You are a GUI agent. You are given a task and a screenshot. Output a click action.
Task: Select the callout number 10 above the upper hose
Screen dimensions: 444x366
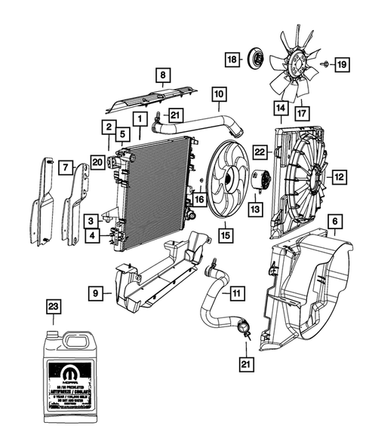point(218,95)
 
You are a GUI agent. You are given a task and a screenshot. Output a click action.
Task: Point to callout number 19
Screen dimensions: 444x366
point(341,66)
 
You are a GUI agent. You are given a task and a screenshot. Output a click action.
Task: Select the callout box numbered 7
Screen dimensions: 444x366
point(65,166)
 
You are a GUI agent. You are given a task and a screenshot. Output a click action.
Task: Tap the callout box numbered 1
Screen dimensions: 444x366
point(140,119)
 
